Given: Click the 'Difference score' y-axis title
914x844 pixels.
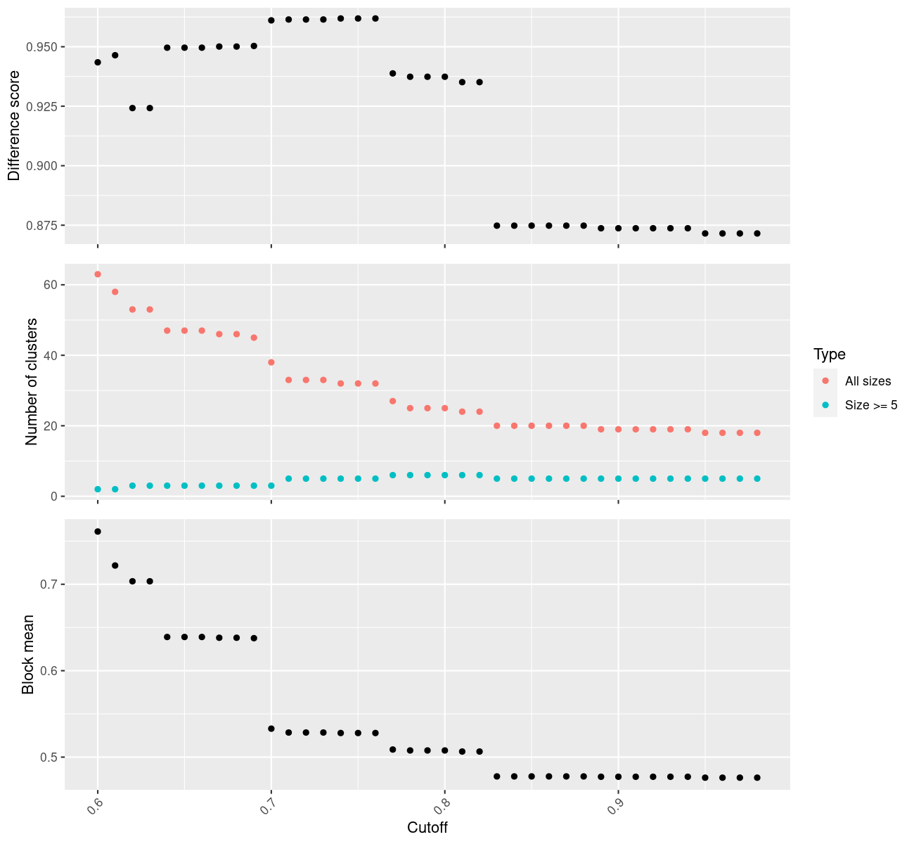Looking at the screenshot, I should (x=14, y=125).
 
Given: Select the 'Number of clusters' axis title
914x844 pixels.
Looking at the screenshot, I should (x=32, y=382).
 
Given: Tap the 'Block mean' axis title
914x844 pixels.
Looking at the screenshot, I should (x=28, y=655).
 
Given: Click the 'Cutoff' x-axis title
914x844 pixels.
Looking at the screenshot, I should (x=427, y=827).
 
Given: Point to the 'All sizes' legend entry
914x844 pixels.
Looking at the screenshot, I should (x=868, y=381).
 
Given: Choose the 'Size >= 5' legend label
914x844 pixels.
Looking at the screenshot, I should (x=871, y=405).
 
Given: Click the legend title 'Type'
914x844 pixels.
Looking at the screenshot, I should (x=829, y=354).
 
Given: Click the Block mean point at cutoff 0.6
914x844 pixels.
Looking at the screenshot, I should (x=98, y=532).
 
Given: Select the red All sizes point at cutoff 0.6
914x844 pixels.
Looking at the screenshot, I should (x=98, y=274).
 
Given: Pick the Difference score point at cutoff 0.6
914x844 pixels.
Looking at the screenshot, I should (x=98, y=63).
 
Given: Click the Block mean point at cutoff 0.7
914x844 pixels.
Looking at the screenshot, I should (x=271, y=729).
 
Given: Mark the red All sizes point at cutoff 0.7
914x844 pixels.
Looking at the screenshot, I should (x=271, y=362).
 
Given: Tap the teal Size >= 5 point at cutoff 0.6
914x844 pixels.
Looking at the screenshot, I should (x=98, y=489).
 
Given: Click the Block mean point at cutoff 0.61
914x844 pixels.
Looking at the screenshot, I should (x=115, y=565).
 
